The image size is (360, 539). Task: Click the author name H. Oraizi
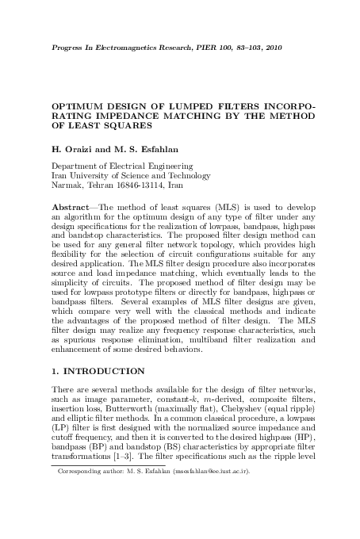coord(73,147)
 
